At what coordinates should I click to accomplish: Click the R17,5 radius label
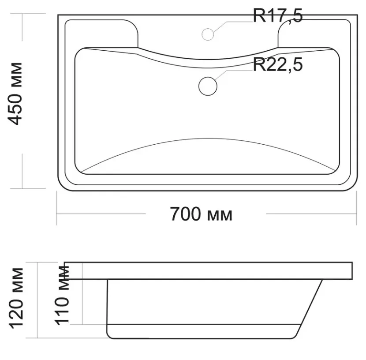tap(278, 16)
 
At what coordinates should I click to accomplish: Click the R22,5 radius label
tap(278, 65)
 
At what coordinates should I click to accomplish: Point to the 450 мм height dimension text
tap(15, 94)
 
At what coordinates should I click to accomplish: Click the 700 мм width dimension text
tap(201, 214)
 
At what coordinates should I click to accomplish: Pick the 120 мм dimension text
tap(16, 298)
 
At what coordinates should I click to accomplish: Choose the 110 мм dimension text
tap(62, 295)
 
